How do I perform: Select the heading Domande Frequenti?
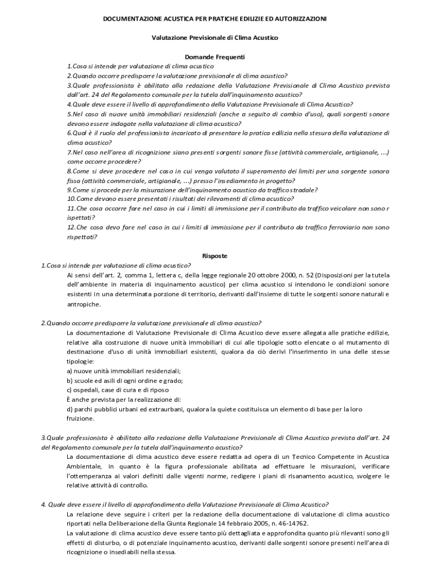pos(215,57)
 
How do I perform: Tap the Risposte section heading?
pos(215,256)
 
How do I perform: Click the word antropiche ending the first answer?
pos(84,304)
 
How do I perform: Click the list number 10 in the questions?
pos(71,199)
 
